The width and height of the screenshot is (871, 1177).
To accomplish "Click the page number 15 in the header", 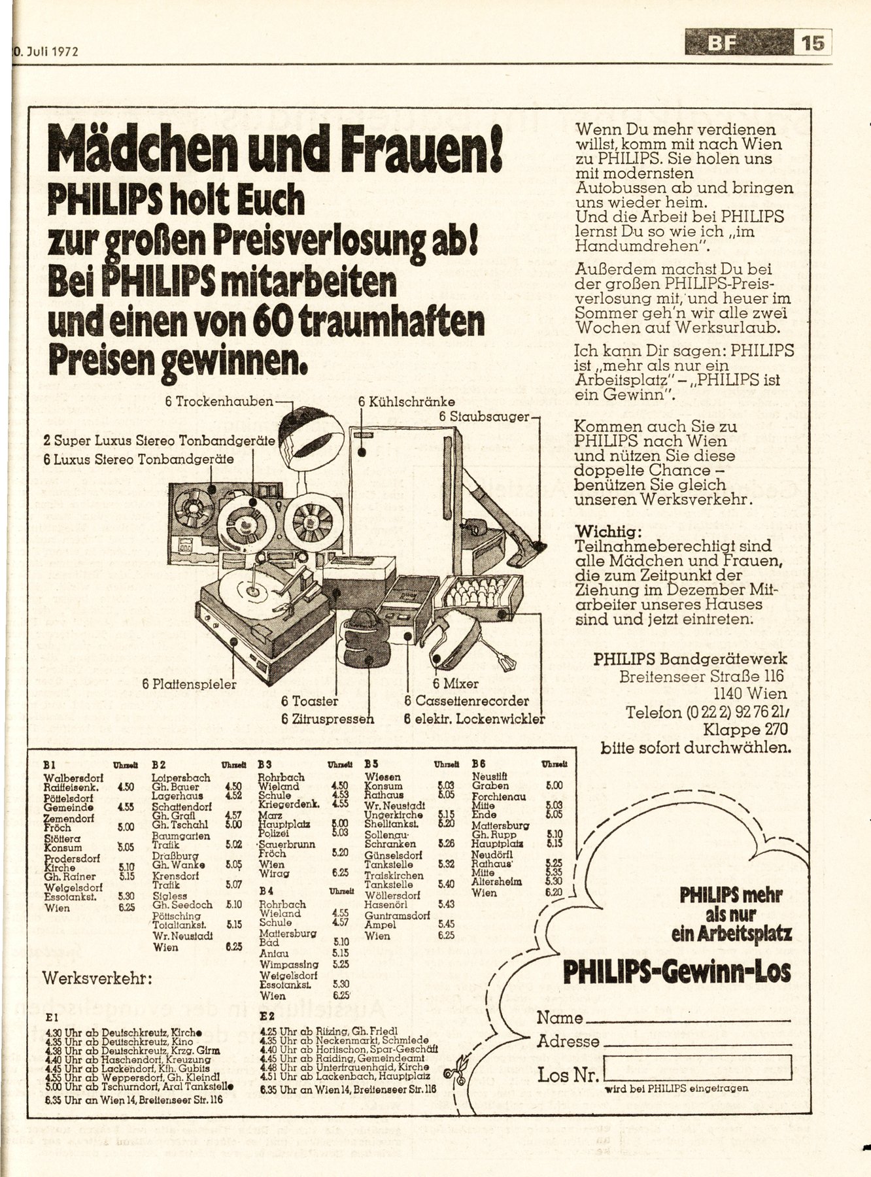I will pos(811,43).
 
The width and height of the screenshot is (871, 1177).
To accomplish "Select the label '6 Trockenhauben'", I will pos(219,401).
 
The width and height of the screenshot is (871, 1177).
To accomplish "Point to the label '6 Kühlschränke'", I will pos(406,403).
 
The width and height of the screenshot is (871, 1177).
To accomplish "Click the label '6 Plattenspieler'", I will pos(189,684).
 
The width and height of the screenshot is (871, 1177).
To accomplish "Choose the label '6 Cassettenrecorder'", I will pos(466,702).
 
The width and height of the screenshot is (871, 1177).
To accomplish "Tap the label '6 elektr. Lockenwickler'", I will pos(474,719).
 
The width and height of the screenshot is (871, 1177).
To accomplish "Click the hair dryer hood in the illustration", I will pos(313,435).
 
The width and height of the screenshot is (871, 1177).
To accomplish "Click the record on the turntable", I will pos(251,588).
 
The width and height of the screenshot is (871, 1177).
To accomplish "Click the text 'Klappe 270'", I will pos(745,729).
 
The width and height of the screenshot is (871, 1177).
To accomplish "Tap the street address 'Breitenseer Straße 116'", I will pos(702,676).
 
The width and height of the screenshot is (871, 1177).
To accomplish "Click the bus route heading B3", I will pos(265,763).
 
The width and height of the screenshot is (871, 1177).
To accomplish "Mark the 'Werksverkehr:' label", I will pos(98,978).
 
